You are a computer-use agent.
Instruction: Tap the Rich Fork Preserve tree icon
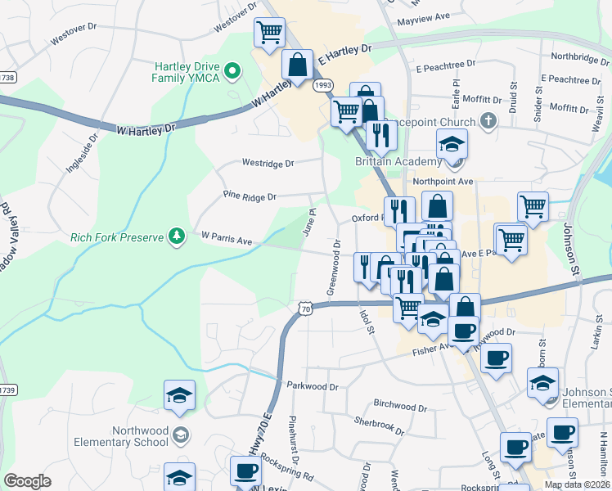tap(175, 236)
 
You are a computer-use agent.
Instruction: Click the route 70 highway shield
tap(305, 309)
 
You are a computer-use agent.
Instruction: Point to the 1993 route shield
tap(323, 85)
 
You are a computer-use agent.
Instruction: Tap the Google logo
tap(27, 481)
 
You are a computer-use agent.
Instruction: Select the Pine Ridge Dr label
tap(250, 196)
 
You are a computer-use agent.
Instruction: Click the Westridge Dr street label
tap(267, 164)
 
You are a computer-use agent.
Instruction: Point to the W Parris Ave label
tap(226, 239)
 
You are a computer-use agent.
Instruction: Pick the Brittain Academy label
tap(398, 161)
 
